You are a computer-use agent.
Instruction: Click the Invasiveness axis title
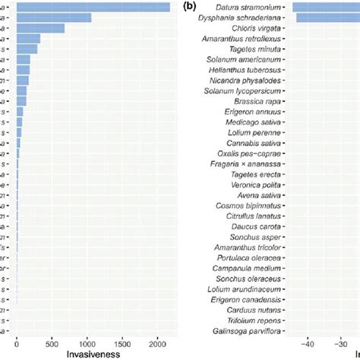tap(94, 353)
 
